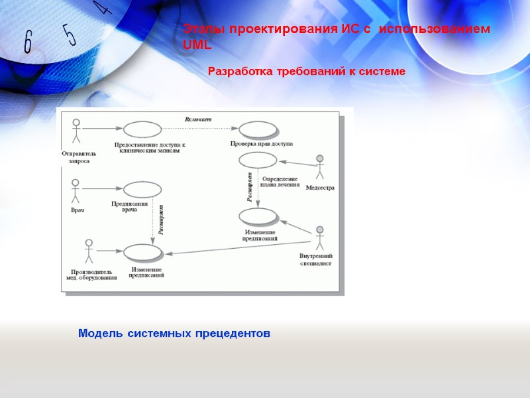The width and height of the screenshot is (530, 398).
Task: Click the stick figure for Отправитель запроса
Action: click(76, 131)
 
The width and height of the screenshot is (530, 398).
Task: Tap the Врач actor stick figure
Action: click(76, 191)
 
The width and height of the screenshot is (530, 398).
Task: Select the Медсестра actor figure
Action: click(320, 168)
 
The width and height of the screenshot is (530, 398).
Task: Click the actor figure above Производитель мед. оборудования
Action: click(87, 251)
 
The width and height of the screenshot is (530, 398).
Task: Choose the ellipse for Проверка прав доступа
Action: click(258, 129)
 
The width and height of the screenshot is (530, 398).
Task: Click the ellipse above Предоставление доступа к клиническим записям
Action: click(142, 129)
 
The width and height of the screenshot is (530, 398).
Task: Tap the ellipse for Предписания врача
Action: click(142, 190)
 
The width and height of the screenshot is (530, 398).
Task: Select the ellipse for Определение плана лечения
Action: click(258, 160)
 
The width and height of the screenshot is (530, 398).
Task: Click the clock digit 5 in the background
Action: click(70, 33)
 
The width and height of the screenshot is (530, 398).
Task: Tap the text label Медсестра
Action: click(320, 188)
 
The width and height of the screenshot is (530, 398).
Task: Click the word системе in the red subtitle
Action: click(383, 71)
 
